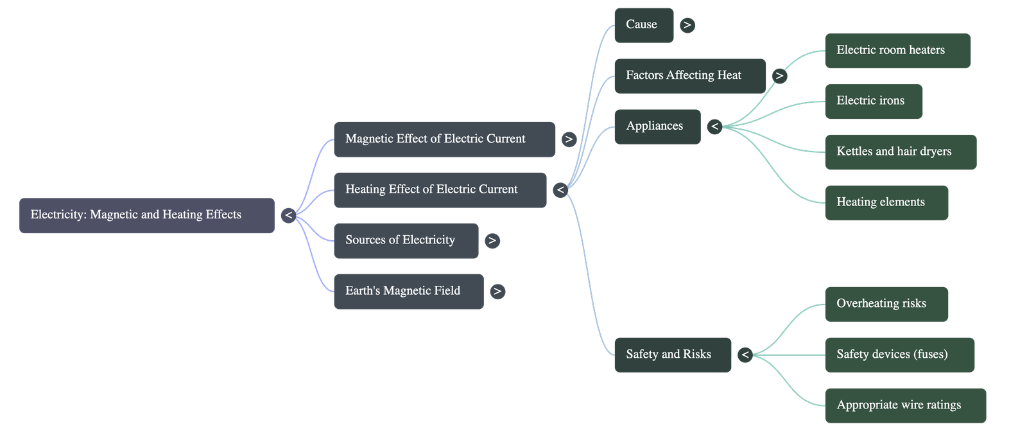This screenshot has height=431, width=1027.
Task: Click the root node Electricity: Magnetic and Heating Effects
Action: [146, 215]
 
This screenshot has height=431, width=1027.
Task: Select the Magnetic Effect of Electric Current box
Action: [444, 139]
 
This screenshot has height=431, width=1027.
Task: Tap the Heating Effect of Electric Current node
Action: [440, 190]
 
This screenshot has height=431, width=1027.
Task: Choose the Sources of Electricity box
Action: [406, 241]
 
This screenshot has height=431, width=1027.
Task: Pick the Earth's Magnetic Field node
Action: [408, 292]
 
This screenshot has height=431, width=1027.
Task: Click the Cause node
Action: [644, 25]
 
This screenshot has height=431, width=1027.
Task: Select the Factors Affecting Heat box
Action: [690, 76]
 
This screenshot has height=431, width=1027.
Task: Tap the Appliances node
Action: [657, 127]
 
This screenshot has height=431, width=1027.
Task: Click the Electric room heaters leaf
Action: [897, 51]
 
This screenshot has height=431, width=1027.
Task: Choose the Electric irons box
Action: [874, 101]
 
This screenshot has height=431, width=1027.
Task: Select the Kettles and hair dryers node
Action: [900, 152]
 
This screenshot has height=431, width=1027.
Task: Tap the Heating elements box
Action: [886, 203]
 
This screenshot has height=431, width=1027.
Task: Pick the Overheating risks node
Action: [886, 304]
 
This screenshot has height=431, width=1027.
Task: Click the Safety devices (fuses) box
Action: [899, 355]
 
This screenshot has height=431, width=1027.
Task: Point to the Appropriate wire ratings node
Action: [905, 405]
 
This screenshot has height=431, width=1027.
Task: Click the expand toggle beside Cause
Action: [687, 25]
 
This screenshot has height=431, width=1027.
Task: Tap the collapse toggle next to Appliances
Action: [714, 127]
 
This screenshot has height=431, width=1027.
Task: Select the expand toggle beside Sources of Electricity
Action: [492, 241]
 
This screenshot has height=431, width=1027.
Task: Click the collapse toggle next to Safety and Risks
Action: [745, 355]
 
